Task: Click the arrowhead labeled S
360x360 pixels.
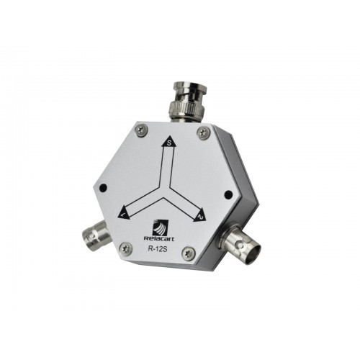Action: click(x=168, y=143)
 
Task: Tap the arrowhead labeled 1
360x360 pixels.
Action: click(x=124, y=212)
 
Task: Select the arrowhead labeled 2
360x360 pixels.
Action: click(x=201, y=215)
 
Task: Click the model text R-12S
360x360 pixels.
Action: click(x=158, y=248)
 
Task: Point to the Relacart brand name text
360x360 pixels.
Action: click(x=159, y=238)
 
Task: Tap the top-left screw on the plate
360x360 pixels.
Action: click(x=141, y=130)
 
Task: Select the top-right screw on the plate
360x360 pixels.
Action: click(x=204, y=132)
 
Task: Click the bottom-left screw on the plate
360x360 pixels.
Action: click(x=125, y=248)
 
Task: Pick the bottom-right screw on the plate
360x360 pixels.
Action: click(x=189, y=253)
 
